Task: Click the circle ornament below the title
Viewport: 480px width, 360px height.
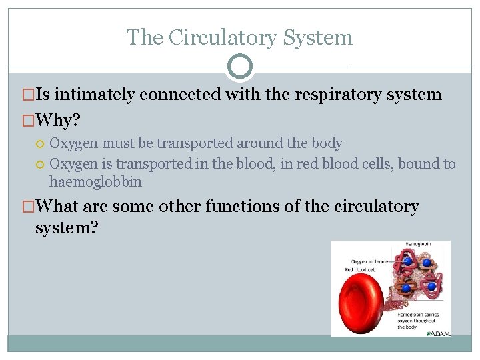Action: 240,67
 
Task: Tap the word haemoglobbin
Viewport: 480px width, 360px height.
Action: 95,181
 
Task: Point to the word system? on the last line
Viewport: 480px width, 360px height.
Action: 67,228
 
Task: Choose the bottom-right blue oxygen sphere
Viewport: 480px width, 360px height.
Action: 431,287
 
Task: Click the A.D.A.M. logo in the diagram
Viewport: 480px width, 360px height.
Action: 438,332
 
